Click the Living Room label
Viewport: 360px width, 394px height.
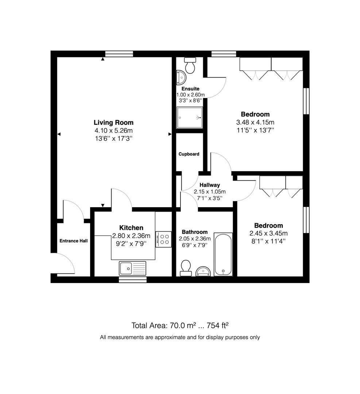113,123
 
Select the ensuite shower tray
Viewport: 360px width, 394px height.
189,117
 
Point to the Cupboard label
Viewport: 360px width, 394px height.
189,154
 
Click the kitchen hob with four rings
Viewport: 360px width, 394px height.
163,239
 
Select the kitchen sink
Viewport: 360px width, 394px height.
132,268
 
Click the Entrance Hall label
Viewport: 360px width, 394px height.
74,241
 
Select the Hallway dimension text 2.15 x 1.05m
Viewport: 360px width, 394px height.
210,192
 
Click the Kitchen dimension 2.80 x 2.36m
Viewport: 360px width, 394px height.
131,236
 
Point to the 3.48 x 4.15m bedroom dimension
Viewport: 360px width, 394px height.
255,122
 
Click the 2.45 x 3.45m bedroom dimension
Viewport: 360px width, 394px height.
268,233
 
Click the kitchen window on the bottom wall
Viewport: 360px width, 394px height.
133,279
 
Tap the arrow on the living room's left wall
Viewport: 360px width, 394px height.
59,134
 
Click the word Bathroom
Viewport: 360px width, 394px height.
195,232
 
